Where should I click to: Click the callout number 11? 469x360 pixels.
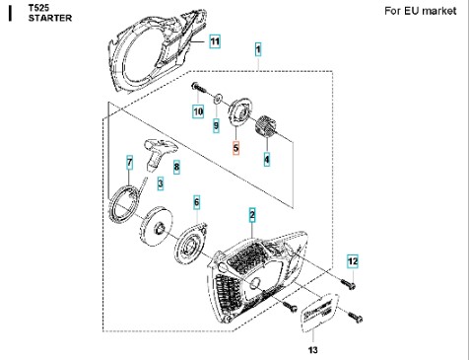tap(215, 41)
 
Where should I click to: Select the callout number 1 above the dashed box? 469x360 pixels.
tap(258, 49)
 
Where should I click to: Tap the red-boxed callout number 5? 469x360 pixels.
tap(235, 148)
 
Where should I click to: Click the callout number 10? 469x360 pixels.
tap(198, 111)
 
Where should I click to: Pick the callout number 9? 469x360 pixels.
tap(216, 125)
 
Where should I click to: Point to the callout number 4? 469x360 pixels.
tap(267, 160)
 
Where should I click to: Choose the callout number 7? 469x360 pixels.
tap(130, 163)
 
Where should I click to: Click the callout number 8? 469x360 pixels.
tap(176, 167)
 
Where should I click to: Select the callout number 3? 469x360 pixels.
tap(161, 183)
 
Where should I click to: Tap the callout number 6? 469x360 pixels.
tap(196, 202)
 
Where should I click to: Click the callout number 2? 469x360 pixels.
tap(252, 215)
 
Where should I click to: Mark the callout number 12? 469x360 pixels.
tap(353, 261)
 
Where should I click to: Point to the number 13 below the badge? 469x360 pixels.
tap(313, 350)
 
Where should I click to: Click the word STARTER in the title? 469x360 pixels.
tap(50, 18)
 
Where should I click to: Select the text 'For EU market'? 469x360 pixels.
tap(421, 11)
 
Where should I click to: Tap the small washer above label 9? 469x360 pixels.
tap(219, 99)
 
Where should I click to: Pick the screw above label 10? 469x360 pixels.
tap(198, 88)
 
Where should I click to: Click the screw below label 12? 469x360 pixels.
tap(349, 284)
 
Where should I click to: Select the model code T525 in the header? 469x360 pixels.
tap(38, 8)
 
